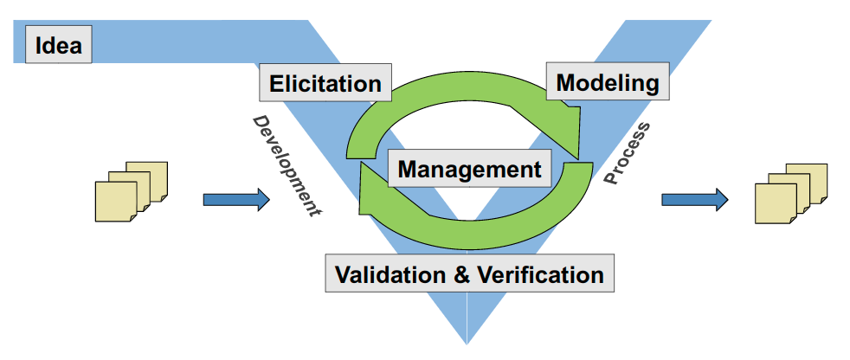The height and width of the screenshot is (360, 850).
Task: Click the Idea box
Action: pyautogui.click(x=59, y=44)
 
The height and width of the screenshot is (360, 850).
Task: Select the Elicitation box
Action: pyautogui.click(x=325, y=84)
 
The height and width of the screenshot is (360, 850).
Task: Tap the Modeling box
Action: pyautogui.click(x=608, y=83)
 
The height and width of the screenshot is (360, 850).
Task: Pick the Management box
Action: pyautogui.click(x=469, y=169)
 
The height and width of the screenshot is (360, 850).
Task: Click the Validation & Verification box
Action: pyautogui.click(x=469, y=275)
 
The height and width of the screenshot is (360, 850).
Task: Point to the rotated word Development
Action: pyautogui.click(x=287, y=165)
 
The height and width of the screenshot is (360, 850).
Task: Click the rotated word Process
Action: pyautogui.click(x=627, y=153)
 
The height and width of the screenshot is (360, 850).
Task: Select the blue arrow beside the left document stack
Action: pyautogui.click(x=235, y=200)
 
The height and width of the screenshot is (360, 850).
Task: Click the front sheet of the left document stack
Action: pyautogui.click(x=114, y=202)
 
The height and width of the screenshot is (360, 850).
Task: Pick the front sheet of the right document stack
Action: pyautogui.click(x=776, y=204)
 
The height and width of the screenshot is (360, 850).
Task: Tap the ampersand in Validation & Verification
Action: pyautogui.click(x=457, y=275)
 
